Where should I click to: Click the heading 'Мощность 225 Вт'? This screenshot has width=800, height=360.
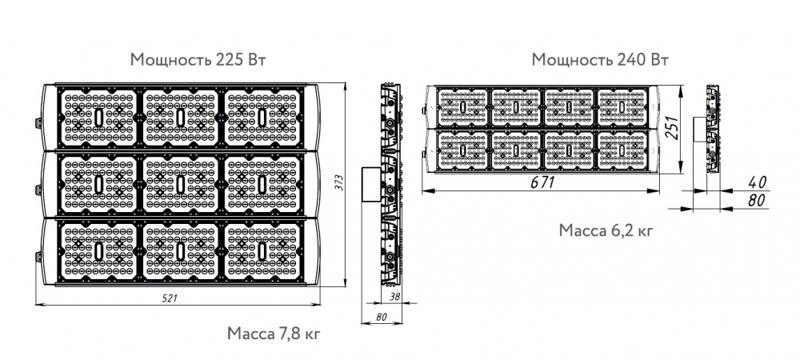(x=198, y=60)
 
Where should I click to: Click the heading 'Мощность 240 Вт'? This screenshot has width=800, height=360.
(x=600, y=60)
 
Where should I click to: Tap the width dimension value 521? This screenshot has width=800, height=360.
(x=170, y=298)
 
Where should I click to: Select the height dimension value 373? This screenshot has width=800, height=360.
(x=339, y=183)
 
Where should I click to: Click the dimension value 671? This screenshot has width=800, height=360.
(x=542, y=182)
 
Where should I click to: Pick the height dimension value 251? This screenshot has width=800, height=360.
(x=673, y=127)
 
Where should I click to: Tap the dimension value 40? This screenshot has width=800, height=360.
(x=757, y=182)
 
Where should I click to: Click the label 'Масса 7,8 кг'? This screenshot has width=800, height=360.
(x=274, y=334)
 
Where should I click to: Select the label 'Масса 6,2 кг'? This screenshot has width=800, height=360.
(x=606, y=230)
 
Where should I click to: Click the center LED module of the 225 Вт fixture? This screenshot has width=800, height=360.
(x=181, y=184)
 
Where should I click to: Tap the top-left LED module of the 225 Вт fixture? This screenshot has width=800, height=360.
(x=98, y=118)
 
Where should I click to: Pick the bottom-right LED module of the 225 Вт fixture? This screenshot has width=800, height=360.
(x=262, y=250)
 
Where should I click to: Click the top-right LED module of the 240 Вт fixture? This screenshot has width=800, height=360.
(x=622, y=107)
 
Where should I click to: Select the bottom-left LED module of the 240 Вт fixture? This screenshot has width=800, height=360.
(x=462, y=150)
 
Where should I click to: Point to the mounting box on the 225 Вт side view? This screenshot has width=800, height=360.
(x=371, y=183)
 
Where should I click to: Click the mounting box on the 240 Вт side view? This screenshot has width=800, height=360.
(x=699, y=130)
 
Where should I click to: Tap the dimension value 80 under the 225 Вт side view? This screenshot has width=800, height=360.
(x=381, y=317)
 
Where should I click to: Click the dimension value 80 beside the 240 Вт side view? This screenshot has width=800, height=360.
(x=757, y=200)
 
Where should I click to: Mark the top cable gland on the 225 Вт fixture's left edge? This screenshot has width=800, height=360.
(x=38, y=123)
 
